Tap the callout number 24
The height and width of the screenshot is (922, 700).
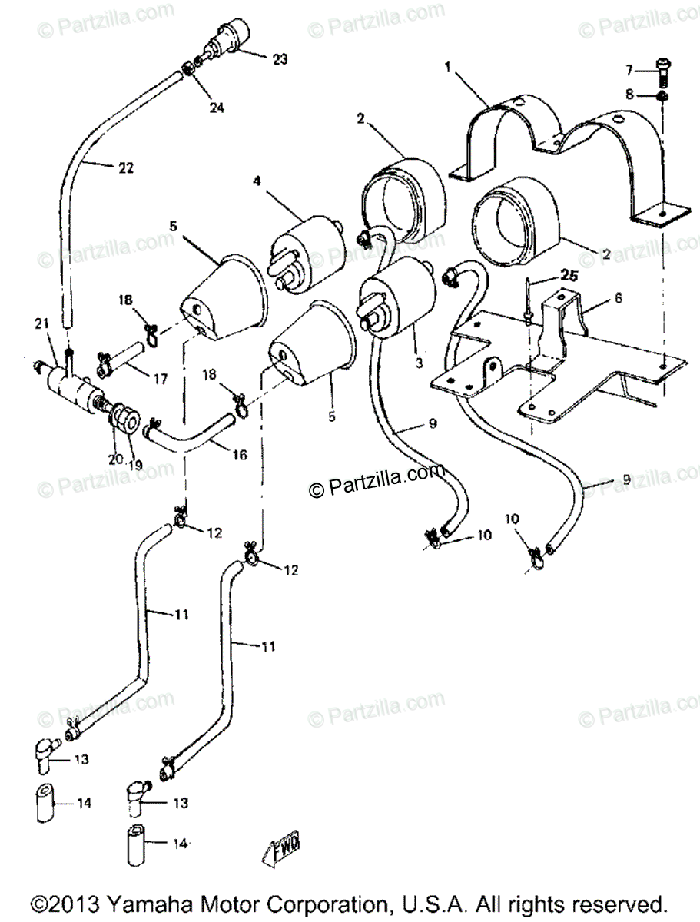coord(217,108)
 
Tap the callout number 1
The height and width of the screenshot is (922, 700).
coord(447,68)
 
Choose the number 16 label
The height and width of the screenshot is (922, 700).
coord(239,455)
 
